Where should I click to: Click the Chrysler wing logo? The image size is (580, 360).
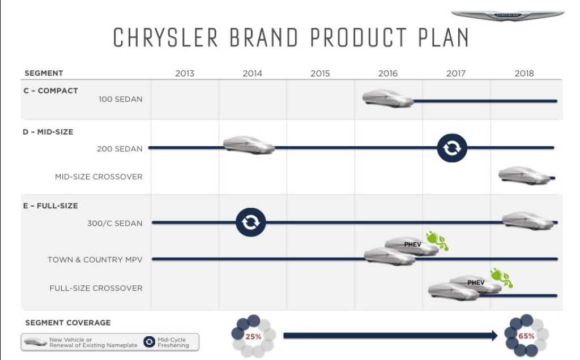(x=507, y=15)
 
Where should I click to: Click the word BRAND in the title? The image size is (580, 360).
(x=264, y=37)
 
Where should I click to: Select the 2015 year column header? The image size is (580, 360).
(x=320, y=73)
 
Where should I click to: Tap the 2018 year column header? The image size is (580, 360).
(x=524, y=73)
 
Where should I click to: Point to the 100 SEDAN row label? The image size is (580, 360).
(x=120, y=99)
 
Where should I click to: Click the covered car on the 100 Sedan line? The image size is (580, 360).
(x=387, y=98)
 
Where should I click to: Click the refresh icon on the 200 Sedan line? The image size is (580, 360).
(x=452, y=148)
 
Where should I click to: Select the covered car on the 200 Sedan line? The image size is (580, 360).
(x=249, y=145)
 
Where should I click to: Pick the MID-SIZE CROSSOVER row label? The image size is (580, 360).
(x=99, y=177)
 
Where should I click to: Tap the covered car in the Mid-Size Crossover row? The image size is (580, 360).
(x=524, y=175)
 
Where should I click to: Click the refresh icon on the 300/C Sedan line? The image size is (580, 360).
(x=251, y=222)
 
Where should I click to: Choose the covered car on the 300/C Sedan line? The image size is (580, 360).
(x=528, y=221)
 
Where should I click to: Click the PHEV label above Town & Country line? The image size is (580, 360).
(x=412, y=245)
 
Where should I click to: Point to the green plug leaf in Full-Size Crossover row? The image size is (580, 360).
(x=502, y=278)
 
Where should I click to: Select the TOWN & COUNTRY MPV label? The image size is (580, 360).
(x=95, y=259)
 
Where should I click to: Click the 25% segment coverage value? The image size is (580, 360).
(x=253, y=337)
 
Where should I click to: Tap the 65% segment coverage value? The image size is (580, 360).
(x=526, y=336)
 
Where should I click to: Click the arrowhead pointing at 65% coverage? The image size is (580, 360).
(x=494, y=336)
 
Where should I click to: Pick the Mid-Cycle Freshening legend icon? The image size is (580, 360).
(x=149, y=342)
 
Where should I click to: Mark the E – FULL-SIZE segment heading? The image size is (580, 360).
(x=50, y=206)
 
